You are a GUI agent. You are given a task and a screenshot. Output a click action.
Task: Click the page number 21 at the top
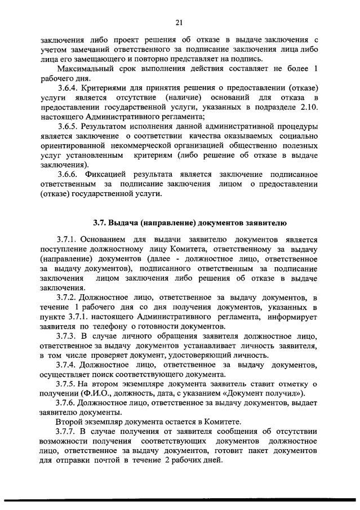[179, 22]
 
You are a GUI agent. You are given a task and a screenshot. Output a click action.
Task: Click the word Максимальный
[82, 69]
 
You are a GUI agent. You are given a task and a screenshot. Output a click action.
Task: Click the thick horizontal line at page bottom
[180, 500]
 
